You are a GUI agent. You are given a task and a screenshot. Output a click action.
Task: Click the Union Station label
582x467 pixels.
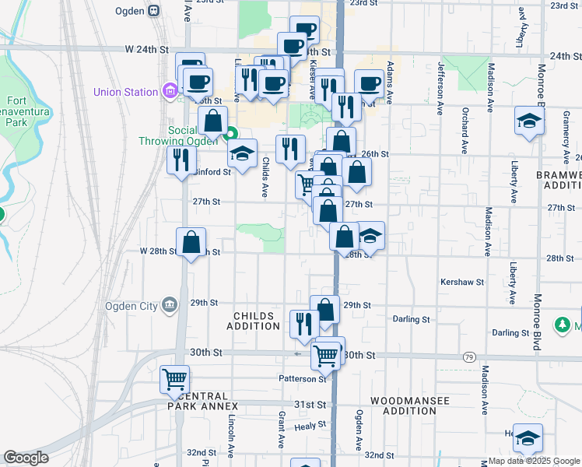pyautogui.click(x=125, y=92)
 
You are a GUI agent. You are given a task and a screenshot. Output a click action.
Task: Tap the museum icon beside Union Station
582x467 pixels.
pyautogui.click(x=170, y=92)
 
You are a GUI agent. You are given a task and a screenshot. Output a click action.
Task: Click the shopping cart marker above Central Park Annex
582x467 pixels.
pyautogui.click(x=175, y=380)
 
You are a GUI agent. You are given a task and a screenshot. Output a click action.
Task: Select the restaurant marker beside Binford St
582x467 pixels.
pyautogui.click(x=181, y=160)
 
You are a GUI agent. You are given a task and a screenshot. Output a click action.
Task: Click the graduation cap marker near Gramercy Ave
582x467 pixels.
pyautogui.click(x=529, y=121)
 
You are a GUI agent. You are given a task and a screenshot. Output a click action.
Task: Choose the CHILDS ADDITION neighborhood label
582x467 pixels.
pyautogui.click(x=254, y=321)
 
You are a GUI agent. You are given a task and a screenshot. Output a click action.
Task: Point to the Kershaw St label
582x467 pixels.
pyautogui.click(x=461, y=282)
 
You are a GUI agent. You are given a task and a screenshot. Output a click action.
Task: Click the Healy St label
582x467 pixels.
pyautogui.click(x=310, y=427)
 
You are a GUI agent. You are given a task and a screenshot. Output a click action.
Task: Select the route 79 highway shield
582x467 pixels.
pyautogui.click(x=468, y=356)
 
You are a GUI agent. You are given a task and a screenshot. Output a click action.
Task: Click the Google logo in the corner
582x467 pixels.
pyautogui.click(x=26, y=458)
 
